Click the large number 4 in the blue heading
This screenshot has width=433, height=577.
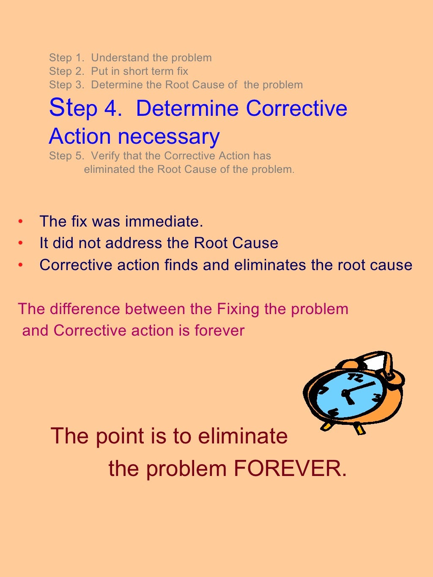[x=112, y=108]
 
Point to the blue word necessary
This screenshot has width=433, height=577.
[x=169, y=137]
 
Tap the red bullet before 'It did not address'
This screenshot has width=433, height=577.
[x=20, y=243]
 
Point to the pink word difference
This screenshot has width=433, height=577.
[x=85, y=309]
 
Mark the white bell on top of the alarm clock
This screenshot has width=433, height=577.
[x=376, y=362]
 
